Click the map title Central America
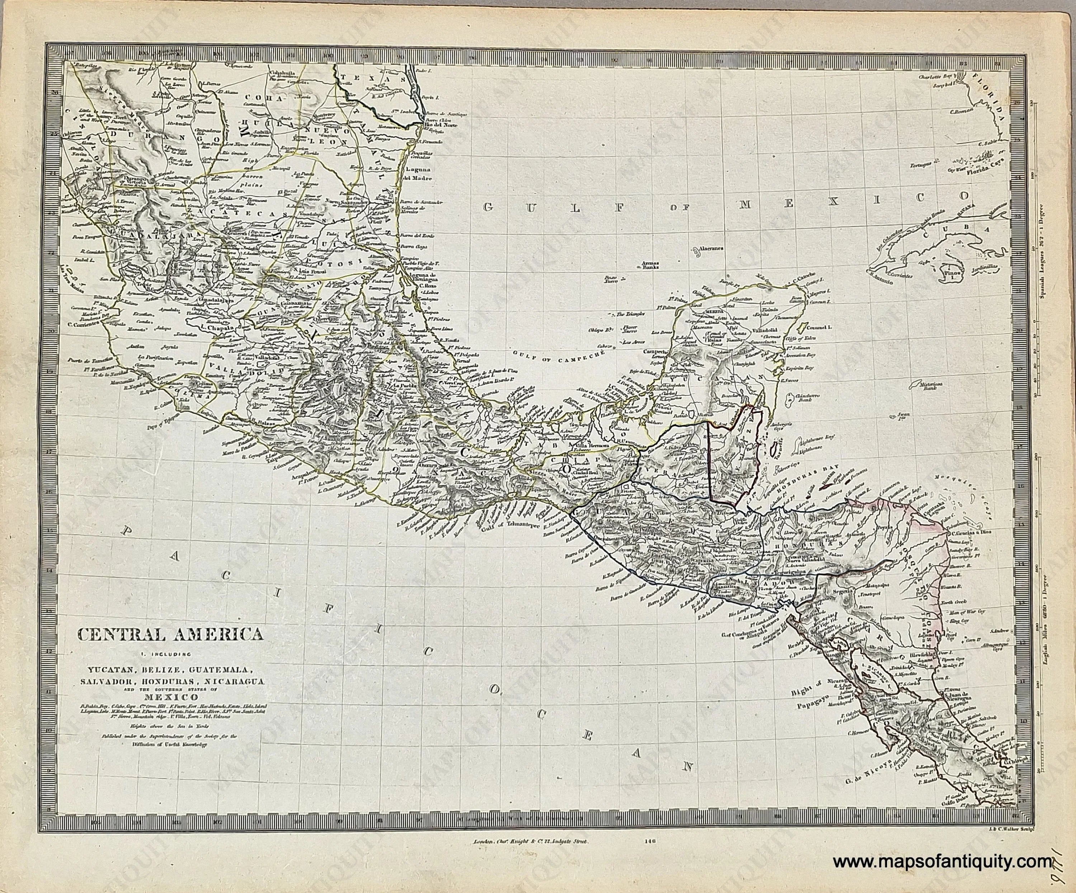pos(171,635)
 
